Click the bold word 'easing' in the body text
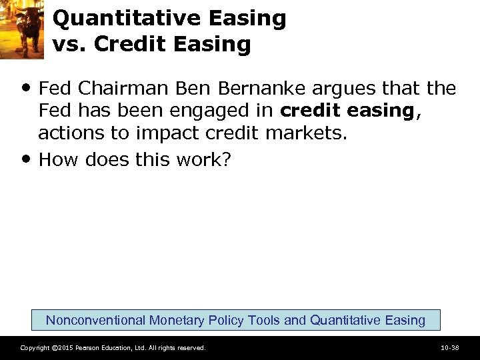point(381,111)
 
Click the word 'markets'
point(307,134)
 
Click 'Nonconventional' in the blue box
point(96,320)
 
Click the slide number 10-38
point(450,348)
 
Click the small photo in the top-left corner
point(21,27)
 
